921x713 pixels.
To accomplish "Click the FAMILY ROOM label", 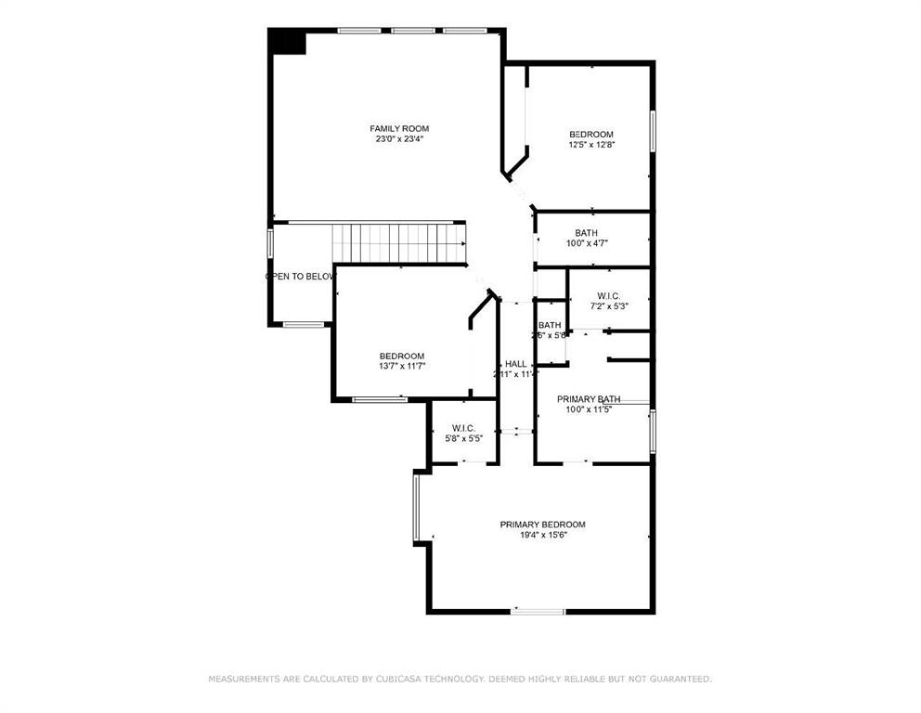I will (x=399, y=128).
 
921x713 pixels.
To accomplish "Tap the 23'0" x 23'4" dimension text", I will (x=399, y=139).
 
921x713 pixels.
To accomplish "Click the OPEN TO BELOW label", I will (x=300, y=277).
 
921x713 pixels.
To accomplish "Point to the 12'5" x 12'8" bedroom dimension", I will (x=591, y=145).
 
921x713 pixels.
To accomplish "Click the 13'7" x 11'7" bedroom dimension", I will (x=401, y=367).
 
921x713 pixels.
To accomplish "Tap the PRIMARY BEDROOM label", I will (x=542, y=524).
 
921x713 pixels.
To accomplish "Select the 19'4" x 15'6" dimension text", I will (x=542, y=535).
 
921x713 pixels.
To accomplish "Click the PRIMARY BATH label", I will (x=589, y=399).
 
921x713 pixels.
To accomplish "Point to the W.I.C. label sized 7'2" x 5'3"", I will (x=608, y=295).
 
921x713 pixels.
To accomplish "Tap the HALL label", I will (x=515, y=364).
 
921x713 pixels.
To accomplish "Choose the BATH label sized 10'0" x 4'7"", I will (x=586, y=233).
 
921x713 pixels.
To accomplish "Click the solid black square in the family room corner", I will (x=287, y=42).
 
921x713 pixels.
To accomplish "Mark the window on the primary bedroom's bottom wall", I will (x=538, y=611).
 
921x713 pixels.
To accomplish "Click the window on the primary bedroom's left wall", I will (x=417, y=507).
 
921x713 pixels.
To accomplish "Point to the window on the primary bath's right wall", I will (x=653, y=432).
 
